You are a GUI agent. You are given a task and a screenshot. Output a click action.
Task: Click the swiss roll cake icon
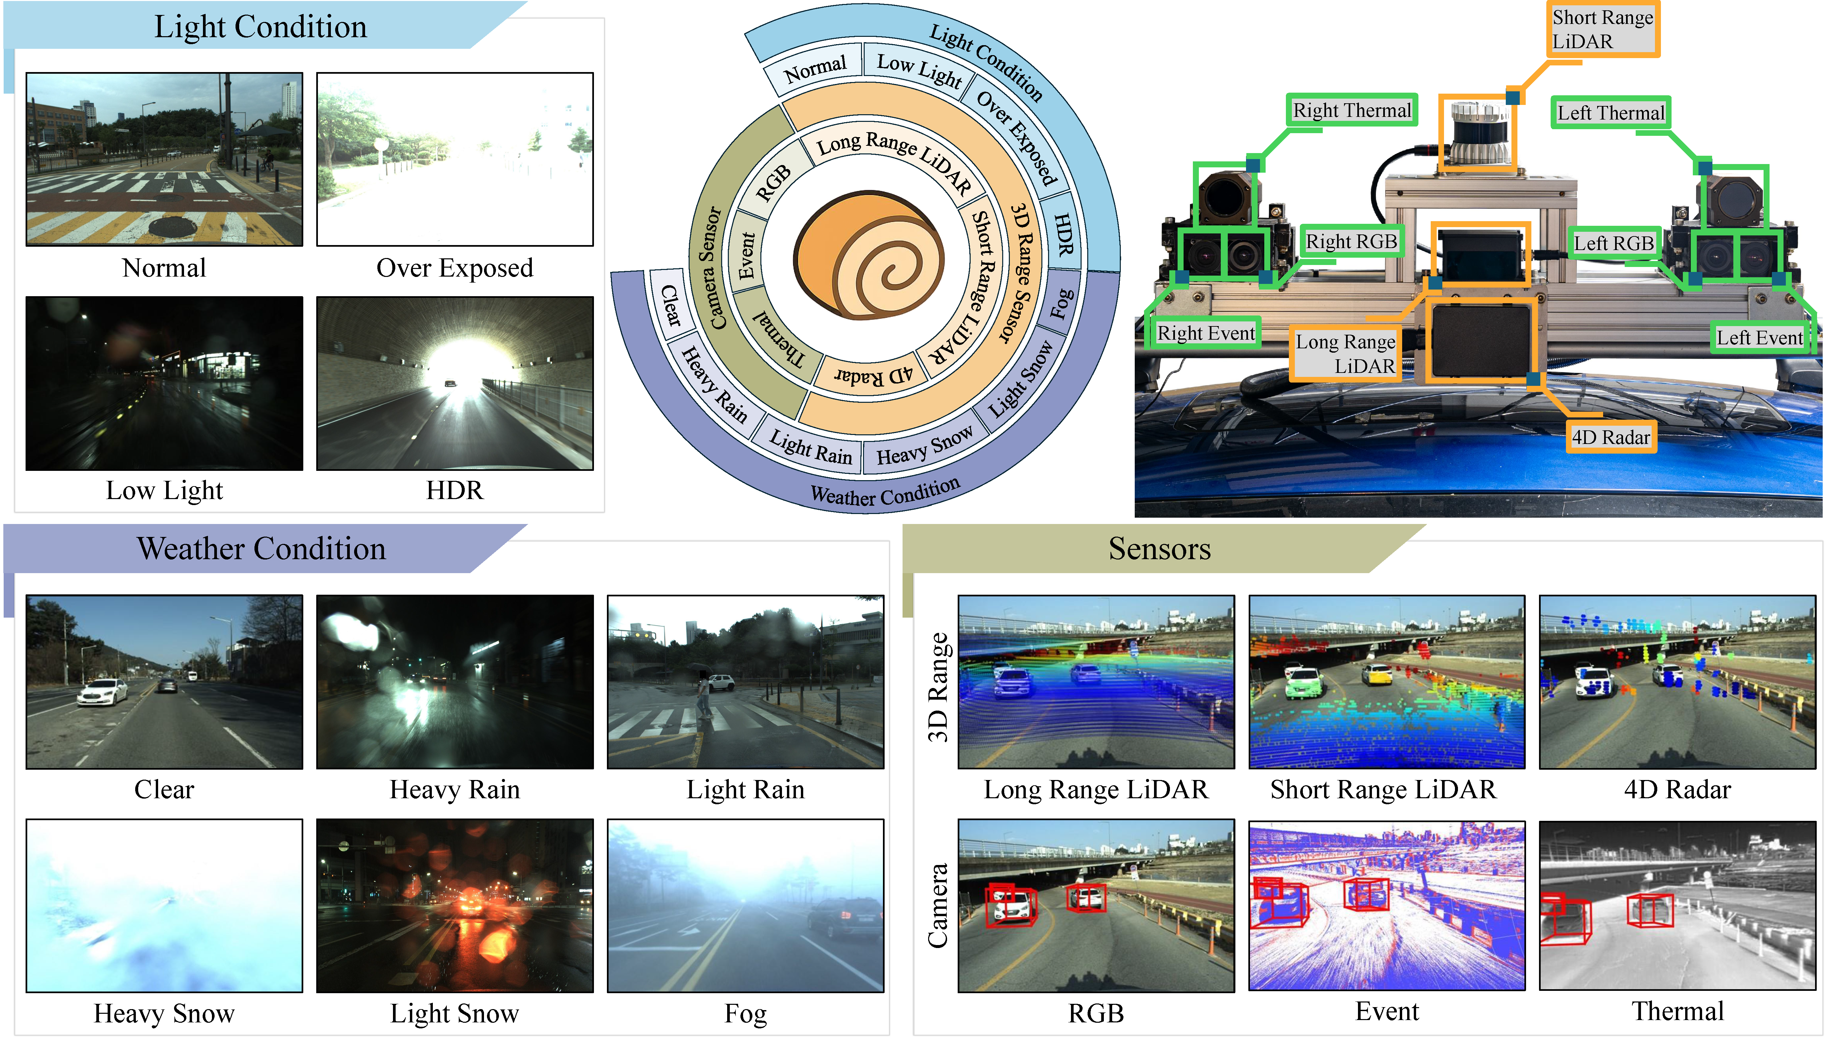(868, 255)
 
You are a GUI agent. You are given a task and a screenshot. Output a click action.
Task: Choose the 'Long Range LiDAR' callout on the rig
(1345, 354)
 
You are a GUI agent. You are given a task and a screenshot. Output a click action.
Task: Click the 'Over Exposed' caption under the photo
(454, 268)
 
